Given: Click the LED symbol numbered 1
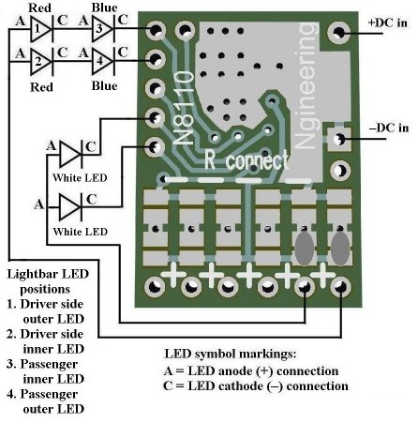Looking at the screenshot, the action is pyautogui.click(x=41, y=29).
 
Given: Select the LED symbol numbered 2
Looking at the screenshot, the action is pyautogui.click(x=41, y=62).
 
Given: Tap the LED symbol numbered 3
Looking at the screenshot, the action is pyautogui.click(x=103, y=29).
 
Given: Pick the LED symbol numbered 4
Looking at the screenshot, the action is pyautogui.click(x=103, y=62).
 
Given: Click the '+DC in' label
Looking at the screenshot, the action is pyautogui.click(x=388, y=23).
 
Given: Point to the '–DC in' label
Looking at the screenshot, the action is pyautogui.click(x=389, y=128).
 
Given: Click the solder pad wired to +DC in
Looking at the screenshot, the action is pyautogui.click(x=338, y=32).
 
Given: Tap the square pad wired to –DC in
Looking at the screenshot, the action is pyautogui.click(x=338, y=138).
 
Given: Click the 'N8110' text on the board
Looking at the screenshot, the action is pyautogui.click(x=184, y=108).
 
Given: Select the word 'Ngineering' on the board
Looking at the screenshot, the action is pyautogui.click(x=306, y=85).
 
